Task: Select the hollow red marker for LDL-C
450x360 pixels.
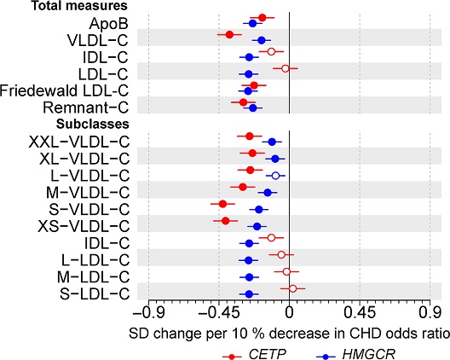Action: tap(286, 68)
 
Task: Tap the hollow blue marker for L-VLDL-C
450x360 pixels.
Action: tap(275, 176)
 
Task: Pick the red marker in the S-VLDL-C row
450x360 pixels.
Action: tap(223, 204)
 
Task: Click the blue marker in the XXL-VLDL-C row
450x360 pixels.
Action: tap(272, 142)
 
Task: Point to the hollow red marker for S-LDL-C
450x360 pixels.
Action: tap(292, 288)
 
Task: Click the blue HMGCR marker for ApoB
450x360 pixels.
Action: tap(251, 24)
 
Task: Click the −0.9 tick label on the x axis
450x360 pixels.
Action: tap(148, 312)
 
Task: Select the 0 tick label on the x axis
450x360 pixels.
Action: tap(290, 312)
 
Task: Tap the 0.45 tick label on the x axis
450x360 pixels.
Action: tap(361, 312)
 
